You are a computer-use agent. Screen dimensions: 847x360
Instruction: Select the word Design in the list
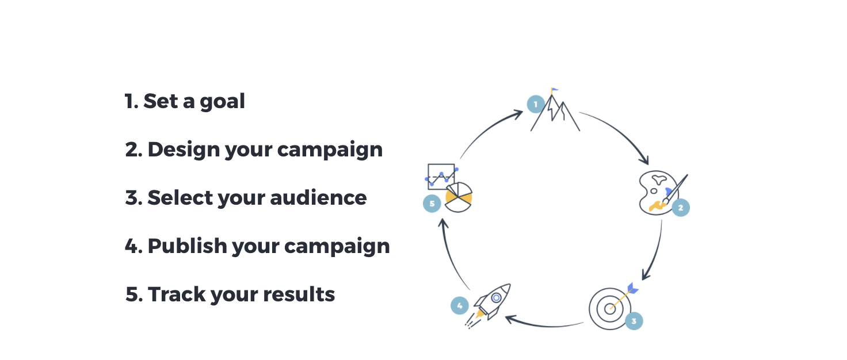coord(184,150)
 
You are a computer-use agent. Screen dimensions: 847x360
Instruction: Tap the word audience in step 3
coord(318,198)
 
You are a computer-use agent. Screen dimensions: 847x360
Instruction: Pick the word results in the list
coord(299,294)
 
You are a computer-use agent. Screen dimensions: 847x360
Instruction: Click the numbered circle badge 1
coord(536,104)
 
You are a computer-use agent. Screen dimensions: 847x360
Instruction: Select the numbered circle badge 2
coord(681,208)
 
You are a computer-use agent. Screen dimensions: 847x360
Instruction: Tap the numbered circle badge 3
coord(634,321)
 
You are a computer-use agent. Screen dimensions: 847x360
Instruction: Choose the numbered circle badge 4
coord(460,305)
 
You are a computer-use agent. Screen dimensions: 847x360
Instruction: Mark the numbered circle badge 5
coord(432,204)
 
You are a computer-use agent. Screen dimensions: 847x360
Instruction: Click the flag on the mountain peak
coord(554,91)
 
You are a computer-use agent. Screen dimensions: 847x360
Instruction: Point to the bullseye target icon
coord(610,309)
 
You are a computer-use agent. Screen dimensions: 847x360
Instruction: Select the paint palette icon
coord(658,193)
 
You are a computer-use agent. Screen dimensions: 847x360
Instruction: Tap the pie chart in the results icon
coord(458,197)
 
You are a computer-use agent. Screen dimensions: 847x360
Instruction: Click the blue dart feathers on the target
coord(632,289)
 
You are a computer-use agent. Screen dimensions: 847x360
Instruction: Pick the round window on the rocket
coord(497,298)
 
